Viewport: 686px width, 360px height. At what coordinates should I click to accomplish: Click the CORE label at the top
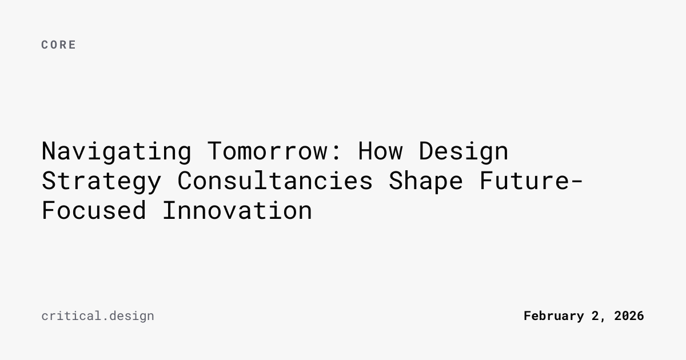(58, 45)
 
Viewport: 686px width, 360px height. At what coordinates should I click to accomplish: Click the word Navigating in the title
(117, 152)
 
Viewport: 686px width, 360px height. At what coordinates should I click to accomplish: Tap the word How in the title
(380, 151)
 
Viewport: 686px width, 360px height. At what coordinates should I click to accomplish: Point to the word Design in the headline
(464, 152)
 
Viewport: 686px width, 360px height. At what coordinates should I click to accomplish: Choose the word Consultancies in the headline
(275, 181)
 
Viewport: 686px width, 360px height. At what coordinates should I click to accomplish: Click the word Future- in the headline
(531, 181)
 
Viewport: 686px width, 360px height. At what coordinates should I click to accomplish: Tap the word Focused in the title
(94, 210)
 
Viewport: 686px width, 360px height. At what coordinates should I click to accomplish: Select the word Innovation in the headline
(237, 210)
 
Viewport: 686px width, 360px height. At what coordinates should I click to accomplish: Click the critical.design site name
(98, 316)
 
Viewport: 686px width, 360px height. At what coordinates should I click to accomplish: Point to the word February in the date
(554, 316)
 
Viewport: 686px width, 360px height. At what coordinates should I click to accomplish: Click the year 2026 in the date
(629, 316)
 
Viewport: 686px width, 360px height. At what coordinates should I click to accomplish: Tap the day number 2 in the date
(595, 316)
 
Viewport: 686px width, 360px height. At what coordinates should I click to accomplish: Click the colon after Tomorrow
(336, 152)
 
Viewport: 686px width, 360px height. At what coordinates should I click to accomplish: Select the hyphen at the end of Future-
(576, 181)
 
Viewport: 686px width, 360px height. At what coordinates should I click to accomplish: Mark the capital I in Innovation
(169, 210)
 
